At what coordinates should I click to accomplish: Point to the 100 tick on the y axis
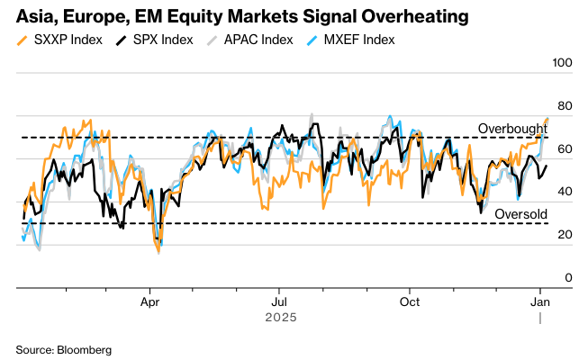click(562, 62)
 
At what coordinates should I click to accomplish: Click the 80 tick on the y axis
click(565, 105)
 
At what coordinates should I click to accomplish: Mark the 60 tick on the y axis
click(565, 148)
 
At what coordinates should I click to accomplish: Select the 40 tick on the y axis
click(565, 192)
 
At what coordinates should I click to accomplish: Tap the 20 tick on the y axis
click(565, 235)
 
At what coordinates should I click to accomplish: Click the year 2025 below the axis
click(280, 317)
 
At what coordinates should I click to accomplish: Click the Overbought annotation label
click(511, 129)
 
